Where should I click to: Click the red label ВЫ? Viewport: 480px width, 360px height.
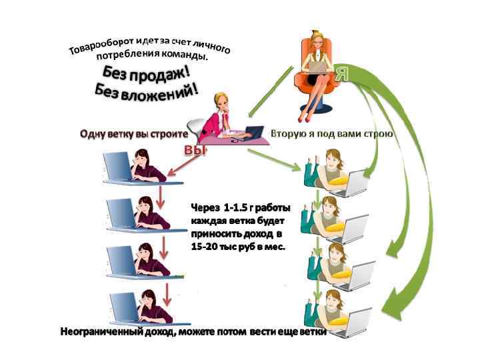coord(196,151)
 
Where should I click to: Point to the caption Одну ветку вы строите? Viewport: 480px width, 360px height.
coord(133,134)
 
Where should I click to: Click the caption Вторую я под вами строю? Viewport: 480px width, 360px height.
coord(331,134)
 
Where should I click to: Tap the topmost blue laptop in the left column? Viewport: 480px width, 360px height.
coord(118,166)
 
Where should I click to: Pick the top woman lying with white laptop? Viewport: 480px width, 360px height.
coord(330,170)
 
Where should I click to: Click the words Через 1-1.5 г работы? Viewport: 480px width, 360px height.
coord(236,207)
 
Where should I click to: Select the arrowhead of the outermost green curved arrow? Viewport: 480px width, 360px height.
coord(400,303)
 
